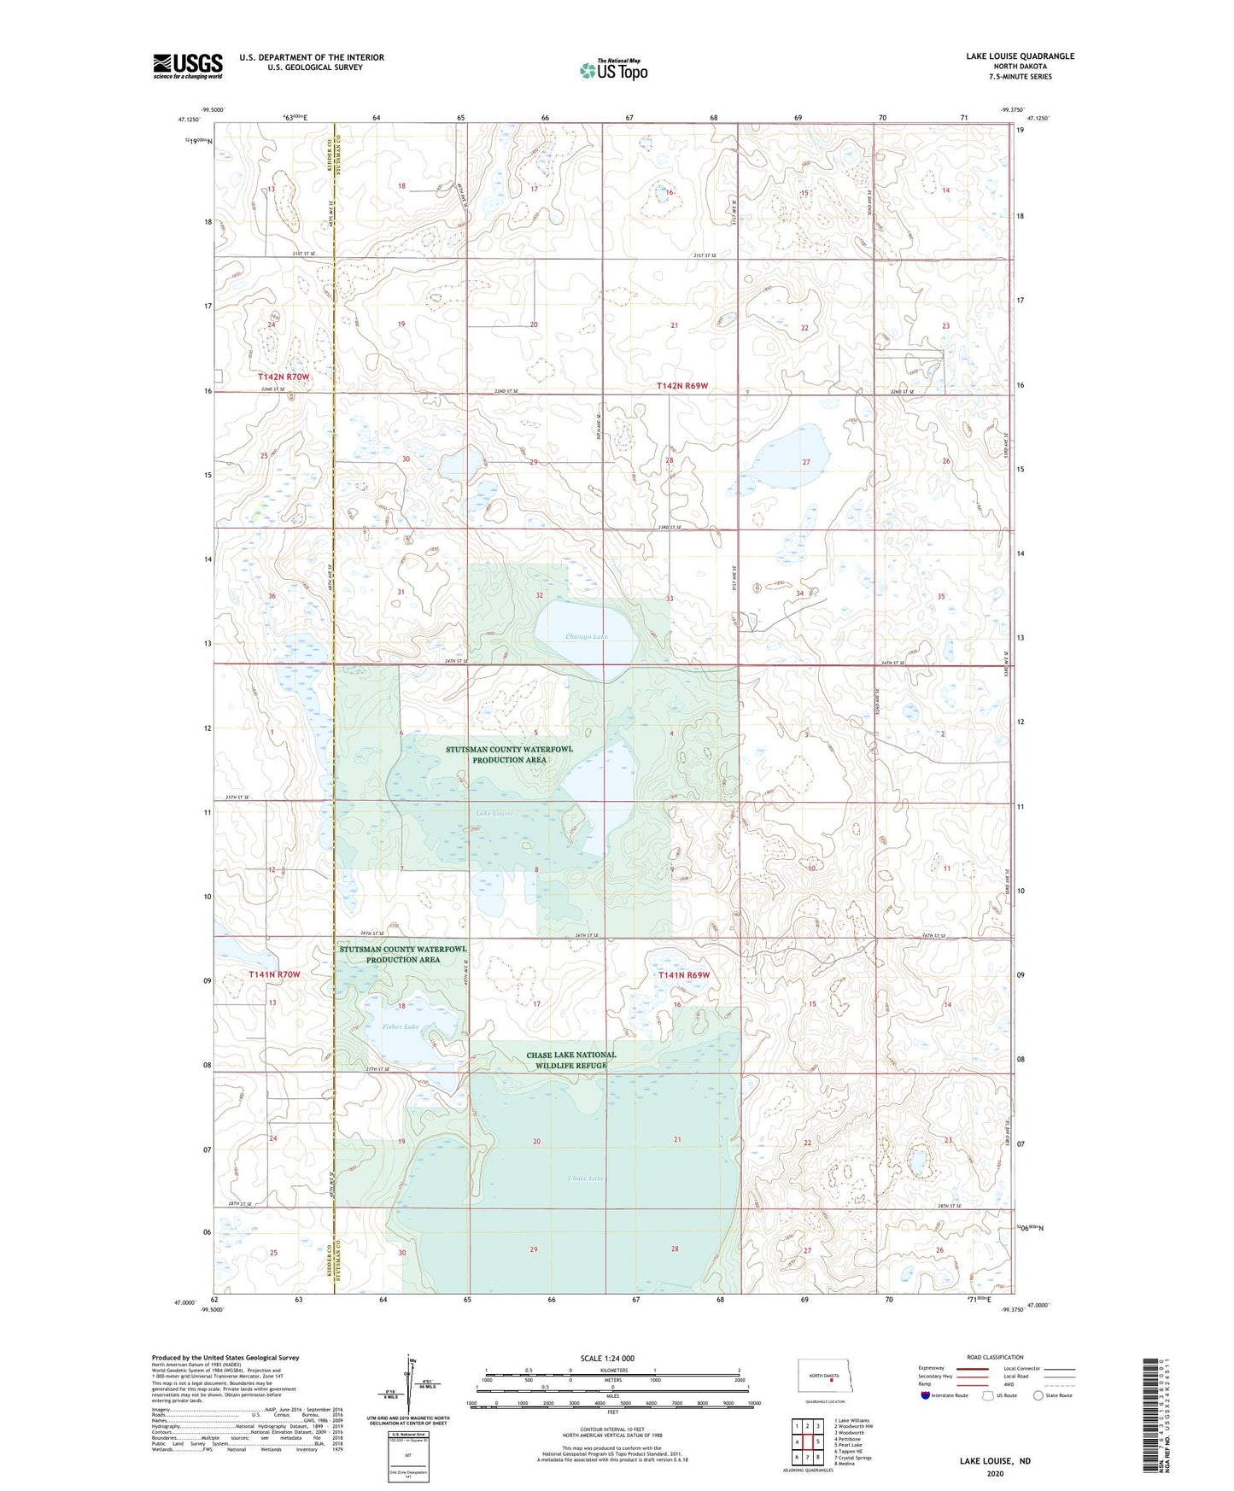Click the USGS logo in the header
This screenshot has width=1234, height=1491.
pyautogui.click(x=188, y=66)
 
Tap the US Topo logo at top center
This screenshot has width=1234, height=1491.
pyautogui.click(x=613, y=70)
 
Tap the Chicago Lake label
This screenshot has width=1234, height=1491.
pyautogui.click(x=587, y=637)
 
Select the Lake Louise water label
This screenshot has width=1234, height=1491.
pyautogui.click(x=495, y=813)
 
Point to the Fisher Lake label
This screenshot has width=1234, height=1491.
pyautogui.click(x=401, y=1026)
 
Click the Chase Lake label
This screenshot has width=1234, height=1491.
pyautogui.click(x=586, y=1178)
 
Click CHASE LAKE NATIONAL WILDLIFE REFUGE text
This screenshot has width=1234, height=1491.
pyautogui.click(x=570, y=1060)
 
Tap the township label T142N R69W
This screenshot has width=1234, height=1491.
pyautogui.click(x=682, y=386)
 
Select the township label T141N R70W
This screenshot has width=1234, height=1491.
pyautogui.click(x=274, y=974)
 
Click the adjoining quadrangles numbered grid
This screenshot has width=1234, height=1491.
pyautogui.click(x=807, y=1443)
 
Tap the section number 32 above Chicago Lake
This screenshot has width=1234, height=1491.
pyautogui.click(x=539, y=594)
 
